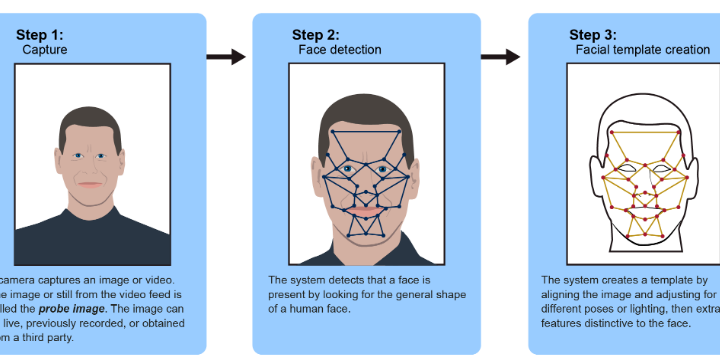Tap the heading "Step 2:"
[322, 34]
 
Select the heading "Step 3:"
[598, 34]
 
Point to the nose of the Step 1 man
[90, 168]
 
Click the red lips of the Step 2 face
[366, 212]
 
